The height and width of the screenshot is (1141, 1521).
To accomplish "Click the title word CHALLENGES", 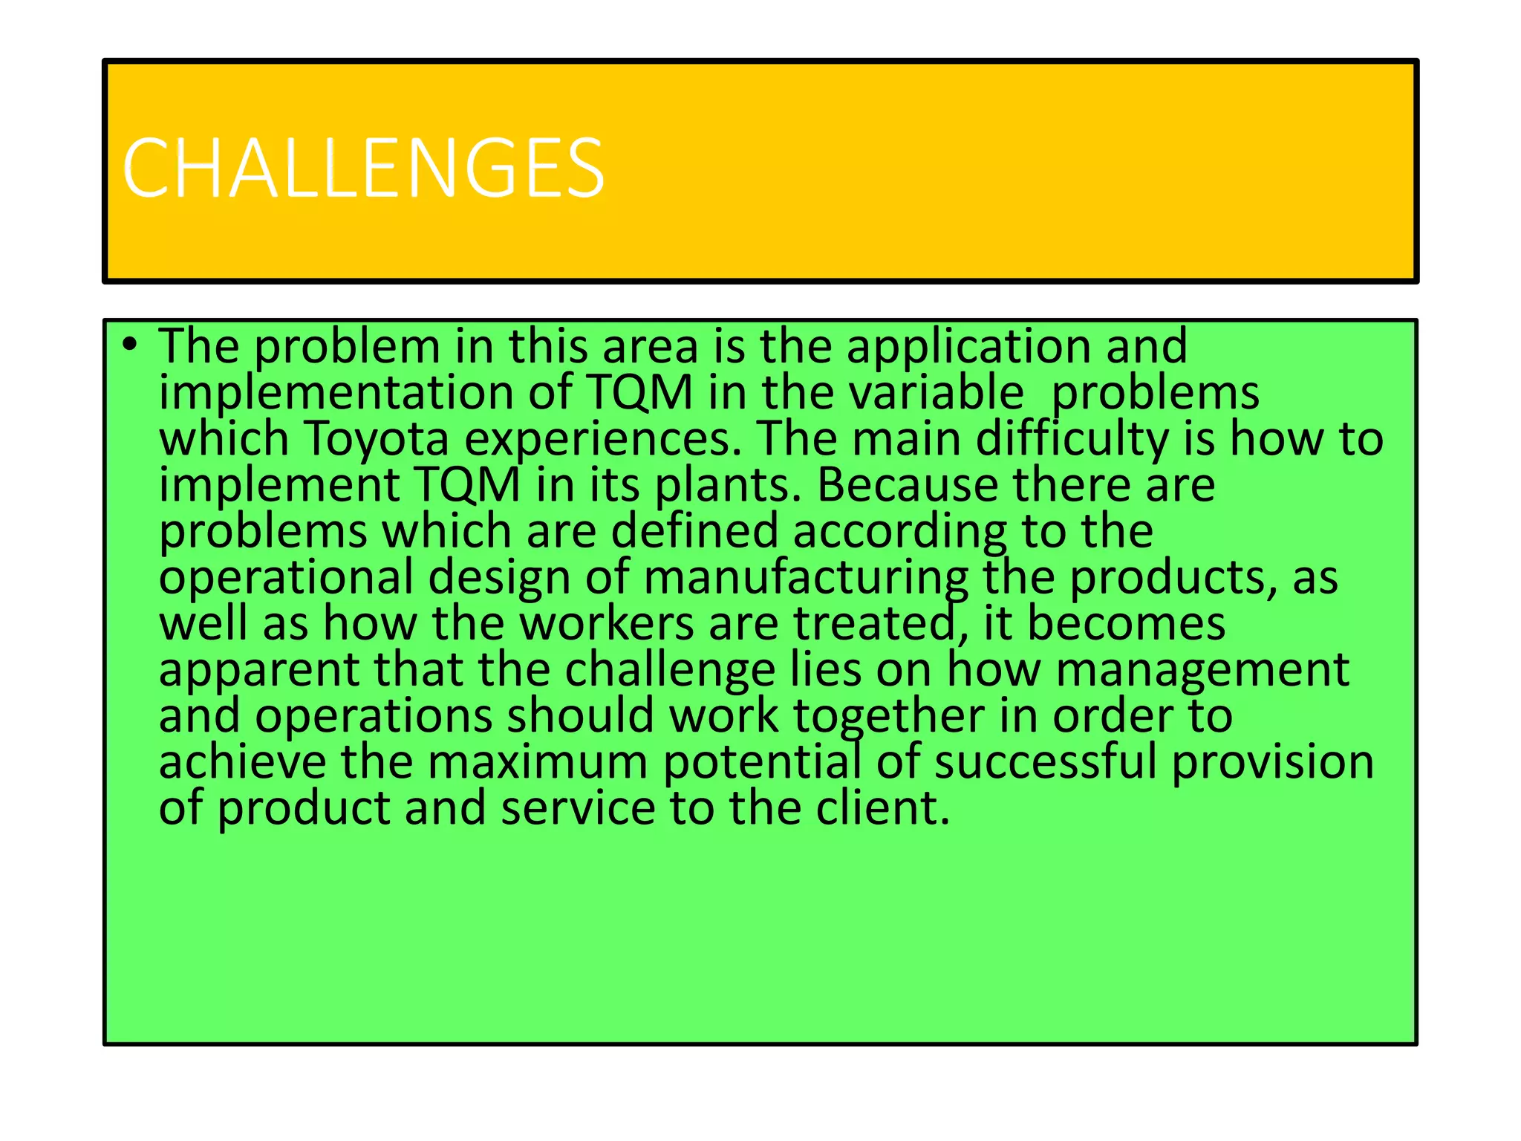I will pos(363,169).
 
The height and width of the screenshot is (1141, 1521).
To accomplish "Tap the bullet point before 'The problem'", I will pos(131,345).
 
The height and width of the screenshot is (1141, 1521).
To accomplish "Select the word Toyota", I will pos(377,438).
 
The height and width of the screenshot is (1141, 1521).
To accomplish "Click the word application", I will pos(968,348).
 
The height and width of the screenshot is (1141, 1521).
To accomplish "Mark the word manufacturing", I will pos(806,578).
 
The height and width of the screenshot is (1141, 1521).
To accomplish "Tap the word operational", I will pos(286,578).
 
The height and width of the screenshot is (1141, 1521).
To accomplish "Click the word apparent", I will pos(259,670).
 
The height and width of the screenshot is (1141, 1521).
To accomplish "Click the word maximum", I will pos(538,762).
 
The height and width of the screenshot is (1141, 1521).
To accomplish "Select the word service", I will pos(578,808).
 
